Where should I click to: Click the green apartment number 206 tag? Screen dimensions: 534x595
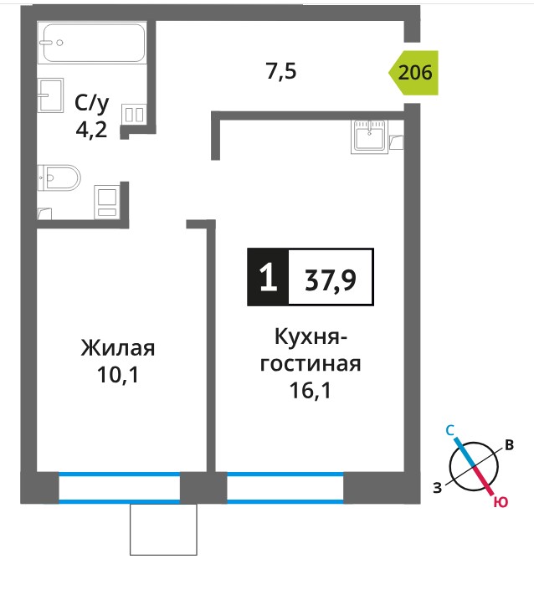tap(413, 73)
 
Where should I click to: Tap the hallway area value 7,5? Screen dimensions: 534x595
tap(281, 71)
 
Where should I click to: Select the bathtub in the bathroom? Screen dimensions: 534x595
tap(94, 43)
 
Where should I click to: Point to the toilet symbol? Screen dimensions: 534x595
tap(59, 177)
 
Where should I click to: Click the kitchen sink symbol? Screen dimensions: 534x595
tap(370, 136)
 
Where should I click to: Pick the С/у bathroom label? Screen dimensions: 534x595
tap(92, 103)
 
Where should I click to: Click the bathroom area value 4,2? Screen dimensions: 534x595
tap(91, 131)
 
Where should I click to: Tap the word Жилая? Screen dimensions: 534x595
tap(118, 348)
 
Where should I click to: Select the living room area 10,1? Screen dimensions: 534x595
tap(118, 375)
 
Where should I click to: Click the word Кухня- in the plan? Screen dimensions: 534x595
tap(311, 336)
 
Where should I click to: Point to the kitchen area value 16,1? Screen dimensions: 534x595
tap(311, 391)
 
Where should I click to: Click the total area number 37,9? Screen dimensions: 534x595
tap(331, 280)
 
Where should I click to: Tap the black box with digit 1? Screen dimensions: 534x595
tap(268, 277)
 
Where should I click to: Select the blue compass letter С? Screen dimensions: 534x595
tap(449, 430)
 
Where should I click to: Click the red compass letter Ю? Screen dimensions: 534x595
tap(501, 502)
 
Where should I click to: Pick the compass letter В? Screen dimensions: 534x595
tap(510, 445)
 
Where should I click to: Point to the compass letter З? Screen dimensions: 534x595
tap(438, 488)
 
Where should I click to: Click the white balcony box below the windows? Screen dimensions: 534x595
tap(163, 530)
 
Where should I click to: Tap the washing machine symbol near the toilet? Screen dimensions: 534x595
tap(106, 202)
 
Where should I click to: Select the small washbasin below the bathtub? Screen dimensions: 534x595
tap(50, 95)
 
